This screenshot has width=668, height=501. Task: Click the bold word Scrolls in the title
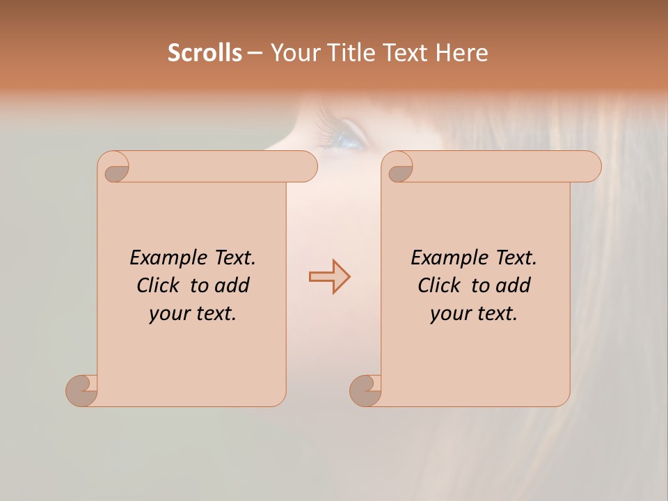pyautogui.click(x=205, y=53)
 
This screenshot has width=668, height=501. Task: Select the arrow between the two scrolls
pyautogui.click(x=329, y=277)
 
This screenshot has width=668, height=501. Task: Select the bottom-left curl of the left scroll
pyautogui.click(x=82, y=390)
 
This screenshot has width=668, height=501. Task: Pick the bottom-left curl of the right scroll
pyautogui.click(x=366, y=390)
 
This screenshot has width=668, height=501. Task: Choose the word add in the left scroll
pyautogui.click(x=233, y=285)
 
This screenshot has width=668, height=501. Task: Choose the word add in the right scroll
pyautogui.click(x=514, y=285)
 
